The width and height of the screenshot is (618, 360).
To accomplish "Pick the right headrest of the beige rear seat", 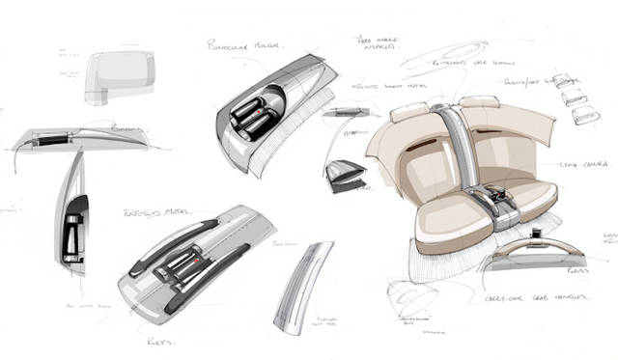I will [x=475, y=104].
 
